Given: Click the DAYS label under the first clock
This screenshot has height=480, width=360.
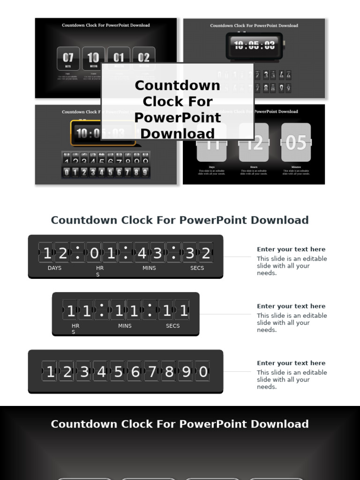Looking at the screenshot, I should click(54, 268).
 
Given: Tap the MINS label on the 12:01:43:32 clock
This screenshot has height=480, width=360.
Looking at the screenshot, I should click(149, 268).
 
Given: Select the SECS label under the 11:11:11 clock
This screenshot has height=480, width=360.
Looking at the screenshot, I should click(172, 326).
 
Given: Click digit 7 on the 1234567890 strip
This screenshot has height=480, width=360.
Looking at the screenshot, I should click(152, 372).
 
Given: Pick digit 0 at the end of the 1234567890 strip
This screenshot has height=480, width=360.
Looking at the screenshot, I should click(203, 372).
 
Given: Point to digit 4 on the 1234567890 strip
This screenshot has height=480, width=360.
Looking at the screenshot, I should click(102, 372).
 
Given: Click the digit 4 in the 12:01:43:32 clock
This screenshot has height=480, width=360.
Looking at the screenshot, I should click(142, 254).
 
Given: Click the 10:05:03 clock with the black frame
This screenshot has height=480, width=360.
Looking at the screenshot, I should click(255, 45).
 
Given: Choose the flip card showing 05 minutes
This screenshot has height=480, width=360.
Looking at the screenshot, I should click(296, 142).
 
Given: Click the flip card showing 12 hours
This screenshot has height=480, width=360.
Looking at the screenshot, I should click(254, 142).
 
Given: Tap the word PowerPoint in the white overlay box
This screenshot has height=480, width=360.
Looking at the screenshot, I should click(178, 117).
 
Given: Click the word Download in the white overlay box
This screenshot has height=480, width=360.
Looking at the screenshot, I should click(178, 133).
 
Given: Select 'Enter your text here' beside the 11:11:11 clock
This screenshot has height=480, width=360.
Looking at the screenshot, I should click(291, 306).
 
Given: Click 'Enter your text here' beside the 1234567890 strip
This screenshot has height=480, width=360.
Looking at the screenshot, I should click(291, 363).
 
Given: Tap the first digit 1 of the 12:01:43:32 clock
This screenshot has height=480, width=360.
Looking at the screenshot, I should click(47, 254).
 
